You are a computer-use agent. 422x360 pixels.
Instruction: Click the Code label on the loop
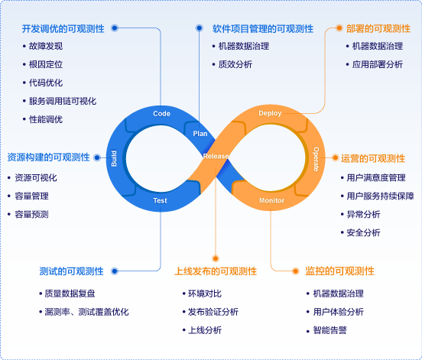click(161, 114)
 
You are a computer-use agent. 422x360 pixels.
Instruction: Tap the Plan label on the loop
click(200, 134)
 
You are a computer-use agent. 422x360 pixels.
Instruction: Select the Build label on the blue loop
click(114, 158)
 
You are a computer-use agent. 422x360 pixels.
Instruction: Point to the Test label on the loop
click(160, 200)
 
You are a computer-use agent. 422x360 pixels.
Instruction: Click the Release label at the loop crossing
click(216, 157)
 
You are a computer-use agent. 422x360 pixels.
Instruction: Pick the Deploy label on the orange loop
click(270, 113)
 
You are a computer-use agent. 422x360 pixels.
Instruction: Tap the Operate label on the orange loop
click(316, 159)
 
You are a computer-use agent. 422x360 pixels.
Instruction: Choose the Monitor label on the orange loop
click(271, 200)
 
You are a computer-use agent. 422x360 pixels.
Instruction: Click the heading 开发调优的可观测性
click(63, 28)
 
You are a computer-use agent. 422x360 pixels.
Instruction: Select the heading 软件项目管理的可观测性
click(263, 29)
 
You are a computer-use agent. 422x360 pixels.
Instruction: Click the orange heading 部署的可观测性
click(378, 28)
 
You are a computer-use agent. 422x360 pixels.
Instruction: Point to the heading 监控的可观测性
click(339, 271)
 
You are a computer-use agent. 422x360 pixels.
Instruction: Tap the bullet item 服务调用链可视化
click(63, 101)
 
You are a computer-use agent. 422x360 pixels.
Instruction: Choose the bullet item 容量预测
click(31, 215)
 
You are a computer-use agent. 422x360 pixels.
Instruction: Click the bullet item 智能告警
click(329, 330)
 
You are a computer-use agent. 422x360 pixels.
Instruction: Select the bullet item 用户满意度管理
click(376, 178)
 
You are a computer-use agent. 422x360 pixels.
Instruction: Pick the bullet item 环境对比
click(205, 294)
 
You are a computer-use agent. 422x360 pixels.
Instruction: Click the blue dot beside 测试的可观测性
click(115, 271)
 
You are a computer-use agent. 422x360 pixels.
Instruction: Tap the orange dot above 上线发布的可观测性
click(216, 258)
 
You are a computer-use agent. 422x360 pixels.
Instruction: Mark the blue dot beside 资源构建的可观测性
click(97, 157)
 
